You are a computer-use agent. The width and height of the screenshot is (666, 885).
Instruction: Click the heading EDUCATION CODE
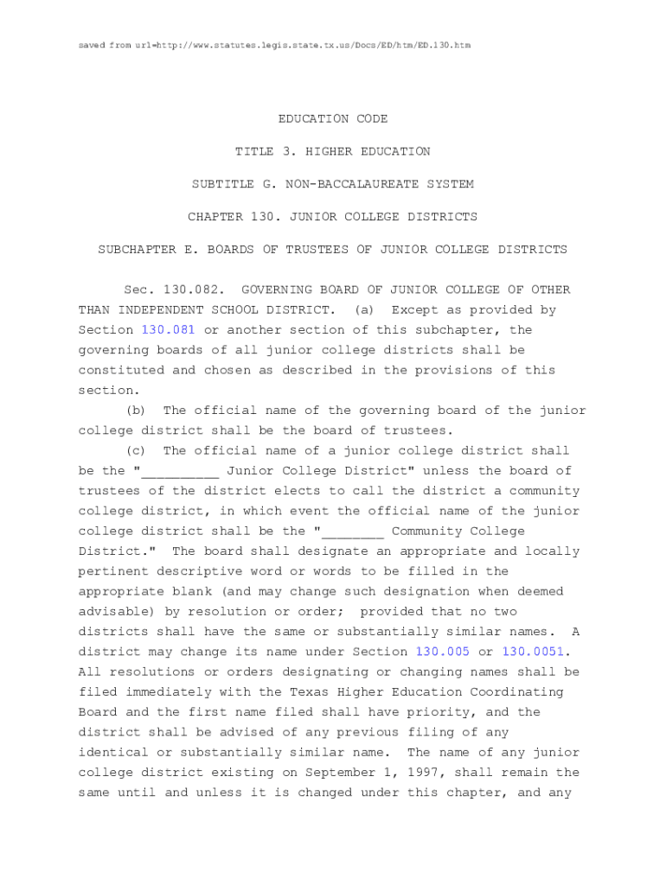(333, 118)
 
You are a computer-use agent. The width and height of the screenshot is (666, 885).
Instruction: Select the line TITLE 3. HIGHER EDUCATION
(333, 151)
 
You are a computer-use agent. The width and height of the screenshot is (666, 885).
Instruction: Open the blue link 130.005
(443, 652)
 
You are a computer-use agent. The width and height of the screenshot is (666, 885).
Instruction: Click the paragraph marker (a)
(367, 309)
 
